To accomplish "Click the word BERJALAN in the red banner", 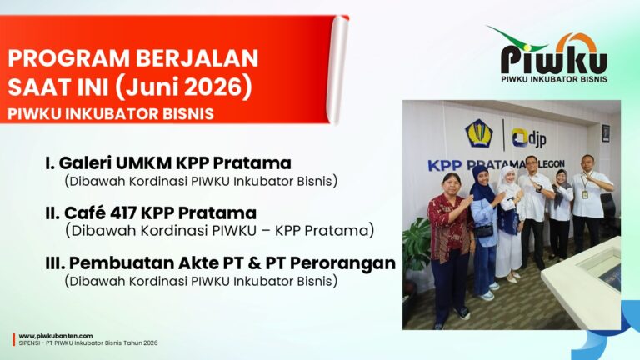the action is pyautogui.click(x=197, y=58).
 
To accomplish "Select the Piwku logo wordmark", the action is pyautogui.click(x=554, y=59).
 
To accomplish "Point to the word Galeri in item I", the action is pyautogui.click(x=85, y=163).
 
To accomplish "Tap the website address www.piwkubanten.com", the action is pyautogui.click(x=56, y=336).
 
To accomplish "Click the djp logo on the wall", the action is pyautogui.click(x=529, y=139).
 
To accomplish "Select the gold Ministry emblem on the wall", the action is pyautogui.click(x=479, y=133).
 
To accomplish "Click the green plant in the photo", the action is pyautogui.click(x=417, y=245).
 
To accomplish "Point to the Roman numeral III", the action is pyautogui.click(x=55, y=263).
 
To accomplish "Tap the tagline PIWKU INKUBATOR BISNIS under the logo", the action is pyautogui.click(x=554, y=79).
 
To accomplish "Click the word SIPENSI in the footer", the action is pyautogui.click(x=28, y=343).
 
